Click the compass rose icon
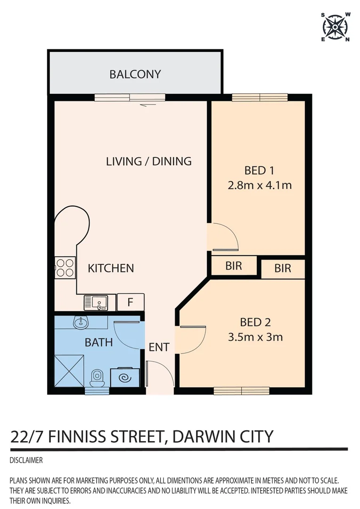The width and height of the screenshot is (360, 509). click(x=335, y=27)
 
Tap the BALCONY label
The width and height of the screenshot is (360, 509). click(x=135, y=74)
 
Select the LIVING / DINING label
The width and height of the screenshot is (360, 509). click(x=148, y=161)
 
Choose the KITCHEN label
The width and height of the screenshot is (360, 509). click(x=111, y=268)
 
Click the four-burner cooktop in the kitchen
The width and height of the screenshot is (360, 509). click(x=65, y=267)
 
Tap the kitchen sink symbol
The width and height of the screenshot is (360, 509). click(x=97, y=302)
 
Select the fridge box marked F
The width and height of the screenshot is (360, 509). click(x=131, y=302)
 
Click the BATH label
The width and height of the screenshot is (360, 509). click(x=98, y=342)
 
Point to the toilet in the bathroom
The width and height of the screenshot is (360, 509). click(x=97, y=378)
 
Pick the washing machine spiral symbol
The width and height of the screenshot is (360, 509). click(x=125, y=378)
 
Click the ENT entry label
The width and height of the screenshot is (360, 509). click(x=159, y=347)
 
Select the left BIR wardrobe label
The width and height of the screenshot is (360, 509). click(x=234, y=266)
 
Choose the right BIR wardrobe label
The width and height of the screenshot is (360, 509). click(x=283, y=269)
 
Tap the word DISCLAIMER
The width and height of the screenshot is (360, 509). click(x=26, y=460)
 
